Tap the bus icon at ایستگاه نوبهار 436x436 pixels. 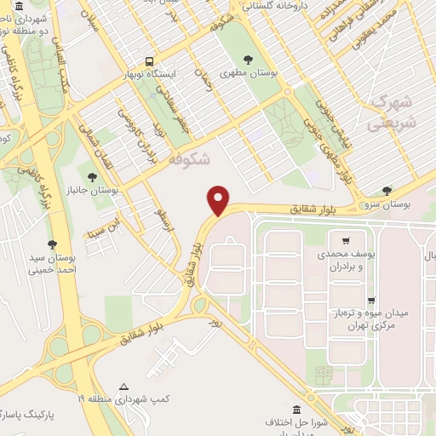click(149, 62)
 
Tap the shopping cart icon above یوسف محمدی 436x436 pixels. click(345, 241)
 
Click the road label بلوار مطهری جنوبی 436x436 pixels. click(332, 143)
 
